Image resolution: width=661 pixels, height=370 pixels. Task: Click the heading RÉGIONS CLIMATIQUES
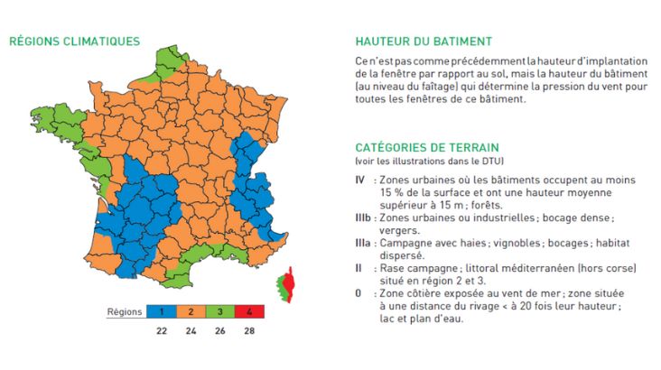coord(74,41)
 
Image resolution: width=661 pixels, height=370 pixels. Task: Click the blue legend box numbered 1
coord(161,311)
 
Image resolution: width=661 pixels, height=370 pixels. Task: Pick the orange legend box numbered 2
coord(192,311)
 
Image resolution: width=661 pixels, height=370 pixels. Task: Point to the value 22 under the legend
coord(161,331)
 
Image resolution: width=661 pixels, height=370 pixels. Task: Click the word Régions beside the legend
coord(125,311)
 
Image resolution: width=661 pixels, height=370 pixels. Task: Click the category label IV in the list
coord(359,180)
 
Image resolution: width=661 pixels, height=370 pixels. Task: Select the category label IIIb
coord(362,218)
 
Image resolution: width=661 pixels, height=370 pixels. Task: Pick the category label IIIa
coord(362,244)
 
